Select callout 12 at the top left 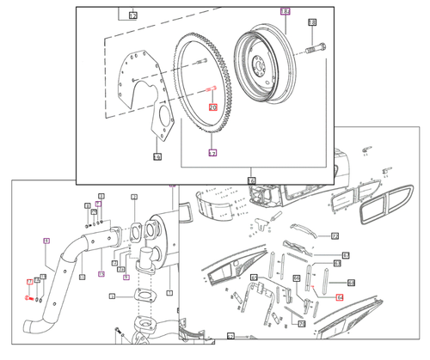(x=133, y=15)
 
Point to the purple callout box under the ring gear (x=212, y=152)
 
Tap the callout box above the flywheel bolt (x=312, y=22)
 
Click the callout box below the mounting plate (x=157, y=157)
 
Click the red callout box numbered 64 (x=339, y=296)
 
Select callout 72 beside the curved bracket (x=335, y=235)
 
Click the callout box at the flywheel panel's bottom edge (x=251, y=180)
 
